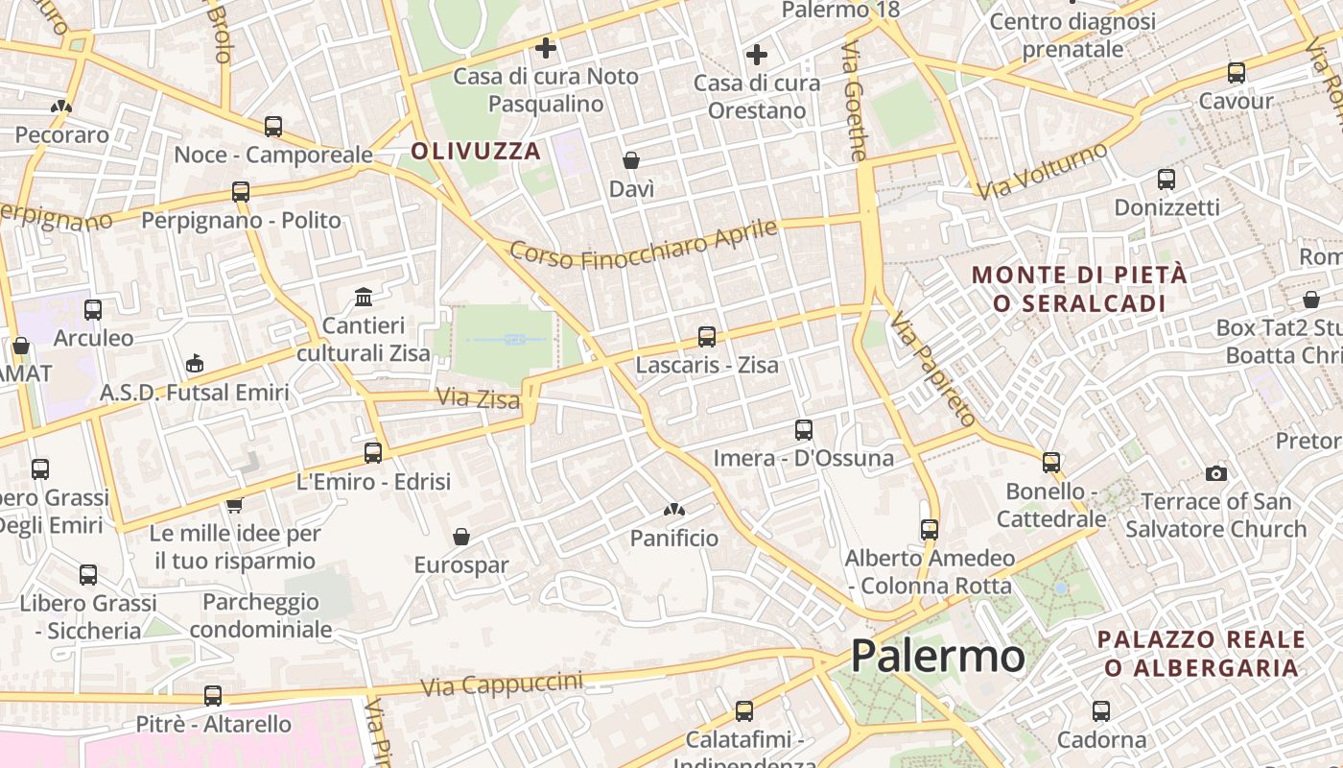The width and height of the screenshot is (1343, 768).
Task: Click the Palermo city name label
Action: pos(937,657)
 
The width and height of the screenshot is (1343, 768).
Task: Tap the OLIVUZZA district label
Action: pos(477,151)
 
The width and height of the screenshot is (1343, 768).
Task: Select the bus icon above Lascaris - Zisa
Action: pos(707,337)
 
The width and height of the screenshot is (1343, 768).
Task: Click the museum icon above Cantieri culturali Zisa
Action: pos(364,298)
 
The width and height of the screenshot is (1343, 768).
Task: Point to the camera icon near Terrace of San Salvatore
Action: pos(1215,473)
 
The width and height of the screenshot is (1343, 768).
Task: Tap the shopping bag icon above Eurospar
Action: pos(461,537)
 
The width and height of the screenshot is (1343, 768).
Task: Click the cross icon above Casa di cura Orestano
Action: pos(757,55)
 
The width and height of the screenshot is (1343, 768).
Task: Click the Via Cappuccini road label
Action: pos(502,684)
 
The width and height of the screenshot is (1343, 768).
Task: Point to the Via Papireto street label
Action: pos(931,371)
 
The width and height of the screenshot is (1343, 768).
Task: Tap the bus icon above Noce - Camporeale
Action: pos(273,127)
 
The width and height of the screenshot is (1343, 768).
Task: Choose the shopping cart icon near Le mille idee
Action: pos(234,505)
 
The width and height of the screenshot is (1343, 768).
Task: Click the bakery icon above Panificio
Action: pos(673,510)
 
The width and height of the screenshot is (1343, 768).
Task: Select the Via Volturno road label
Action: pos(1043,171)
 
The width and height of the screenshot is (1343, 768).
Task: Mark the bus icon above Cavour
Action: pos(1237,73)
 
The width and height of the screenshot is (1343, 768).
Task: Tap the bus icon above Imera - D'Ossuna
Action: pos(804,430)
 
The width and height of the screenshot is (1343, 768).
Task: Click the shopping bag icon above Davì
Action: pos(631,160)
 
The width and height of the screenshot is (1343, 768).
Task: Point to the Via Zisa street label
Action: pos(478,397)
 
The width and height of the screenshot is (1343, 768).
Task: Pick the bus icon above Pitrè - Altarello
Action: pos(213,696)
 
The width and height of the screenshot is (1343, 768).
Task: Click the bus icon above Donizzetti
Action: pos(1166,180)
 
